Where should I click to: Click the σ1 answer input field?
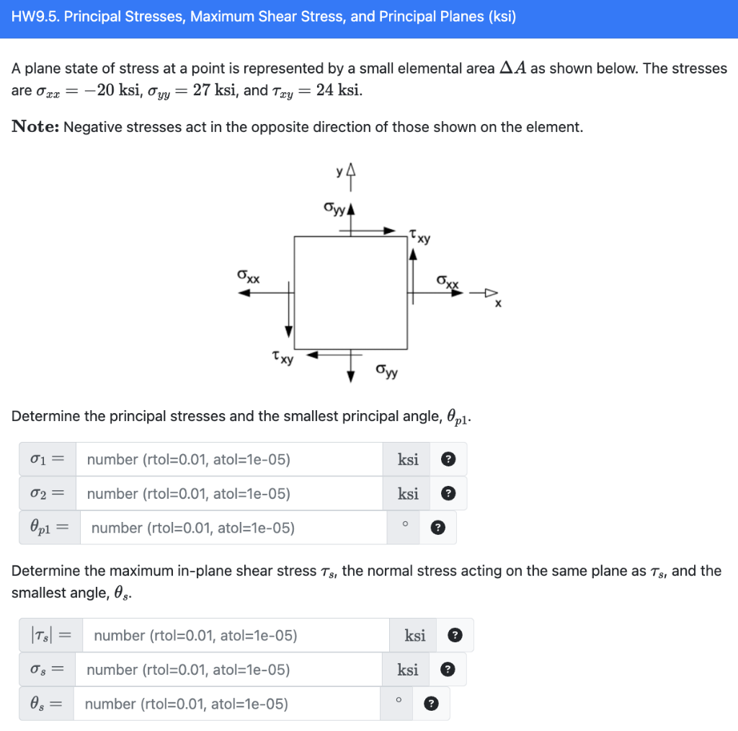tap(229, 460)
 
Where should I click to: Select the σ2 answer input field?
tap(229, 494)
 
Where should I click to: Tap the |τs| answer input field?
tap(235, 636)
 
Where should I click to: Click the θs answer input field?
tap(231, 704)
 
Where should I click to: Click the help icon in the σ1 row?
tap(448, 460)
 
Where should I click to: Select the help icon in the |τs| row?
tap(455, 636)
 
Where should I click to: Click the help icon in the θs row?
tap(431, 704)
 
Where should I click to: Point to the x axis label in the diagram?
tap(497, 304)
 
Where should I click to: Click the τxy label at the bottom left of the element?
tap(283, 357)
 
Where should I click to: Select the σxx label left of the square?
tap(249, 276)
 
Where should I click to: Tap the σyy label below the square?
tap(386, 371)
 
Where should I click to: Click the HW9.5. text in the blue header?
tap(36, 17)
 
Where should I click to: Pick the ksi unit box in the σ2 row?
tap(407, 494)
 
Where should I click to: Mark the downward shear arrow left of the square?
tap(289, 310)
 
